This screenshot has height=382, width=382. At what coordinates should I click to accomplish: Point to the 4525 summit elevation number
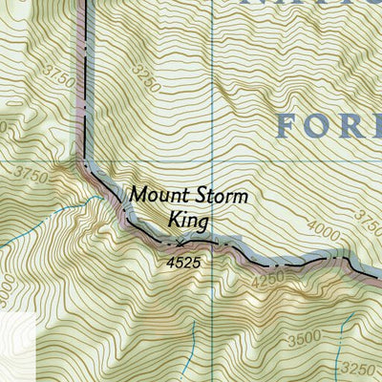pos(182,259)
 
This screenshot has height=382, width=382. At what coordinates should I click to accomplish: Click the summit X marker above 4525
pos(181,243)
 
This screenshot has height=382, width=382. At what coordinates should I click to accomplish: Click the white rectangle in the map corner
pos(16,346)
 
